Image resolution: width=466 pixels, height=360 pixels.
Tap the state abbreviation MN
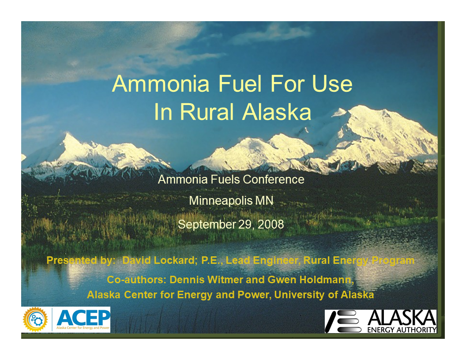264,201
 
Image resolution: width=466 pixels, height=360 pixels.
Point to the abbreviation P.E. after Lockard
211,260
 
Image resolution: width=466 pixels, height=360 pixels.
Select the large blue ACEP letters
83,317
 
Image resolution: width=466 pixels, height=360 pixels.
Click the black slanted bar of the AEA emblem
331,321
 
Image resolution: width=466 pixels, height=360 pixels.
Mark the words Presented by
80,260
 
